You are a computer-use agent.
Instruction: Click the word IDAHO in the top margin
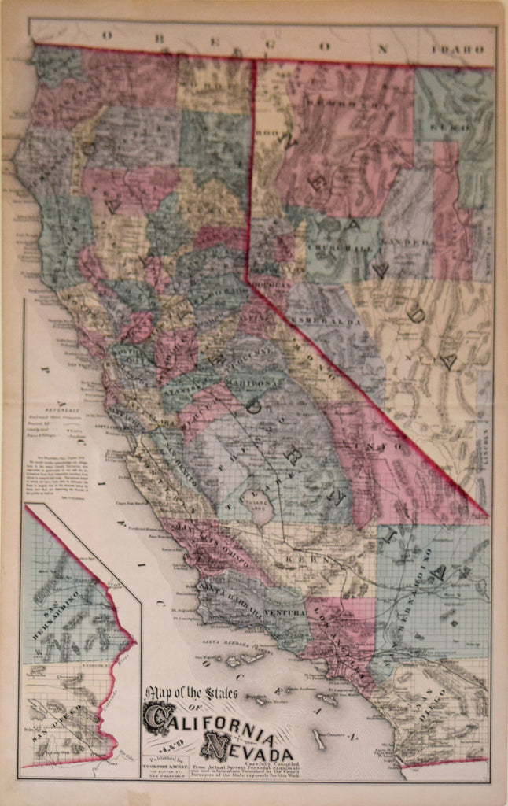coord(462,49)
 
